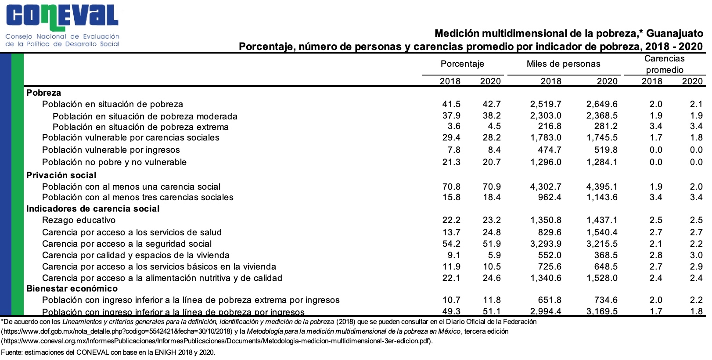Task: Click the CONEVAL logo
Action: (62, 25)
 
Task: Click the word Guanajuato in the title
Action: (674, 33)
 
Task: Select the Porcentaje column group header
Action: (462, 64)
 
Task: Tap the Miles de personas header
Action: (563, 64)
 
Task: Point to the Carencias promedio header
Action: (664, 64)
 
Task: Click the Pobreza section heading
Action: (43, 93)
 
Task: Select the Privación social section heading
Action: (61, 175)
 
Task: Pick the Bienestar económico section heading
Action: (72, 288)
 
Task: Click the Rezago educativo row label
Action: (79, 220)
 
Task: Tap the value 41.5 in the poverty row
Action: (451, 104)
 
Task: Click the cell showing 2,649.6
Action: (602, 104)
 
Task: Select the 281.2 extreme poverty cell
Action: (606, 126)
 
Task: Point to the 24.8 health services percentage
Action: (492, 232)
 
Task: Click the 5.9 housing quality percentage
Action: (494, 255)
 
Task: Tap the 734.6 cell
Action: (606, 300)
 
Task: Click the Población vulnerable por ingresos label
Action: (111, 150)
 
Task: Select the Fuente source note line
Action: (108, 352)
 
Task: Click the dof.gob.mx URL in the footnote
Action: (117, 331)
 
